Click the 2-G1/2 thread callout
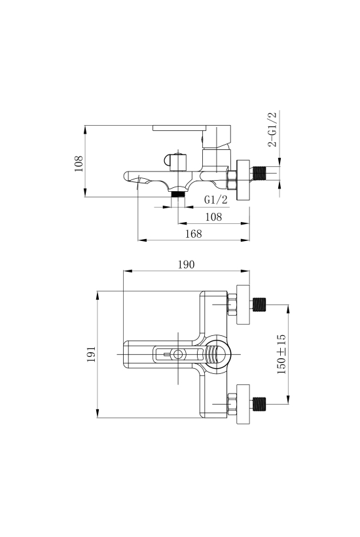pos(272,130)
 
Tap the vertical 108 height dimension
pos(79,164)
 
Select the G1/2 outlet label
pos(215,199)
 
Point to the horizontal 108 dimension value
pos(213,217)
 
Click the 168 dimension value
pos(194,234)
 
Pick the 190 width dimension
pos(186,265)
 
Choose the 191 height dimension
pos(91,354)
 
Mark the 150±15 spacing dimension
pos(281,354)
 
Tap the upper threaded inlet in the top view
pos(259,305)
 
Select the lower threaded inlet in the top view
pos(259,404)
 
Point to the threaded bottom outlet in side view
pos(177,194)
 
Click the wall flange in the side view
pos(243,179)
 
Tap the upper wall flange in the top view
pos(243,304)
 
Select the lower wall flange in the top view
pos(243,404)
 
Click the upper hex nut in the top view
pos(232,304)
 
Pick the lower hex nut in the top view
pos(232,404)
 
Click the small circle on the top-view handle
pos(178,354)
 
